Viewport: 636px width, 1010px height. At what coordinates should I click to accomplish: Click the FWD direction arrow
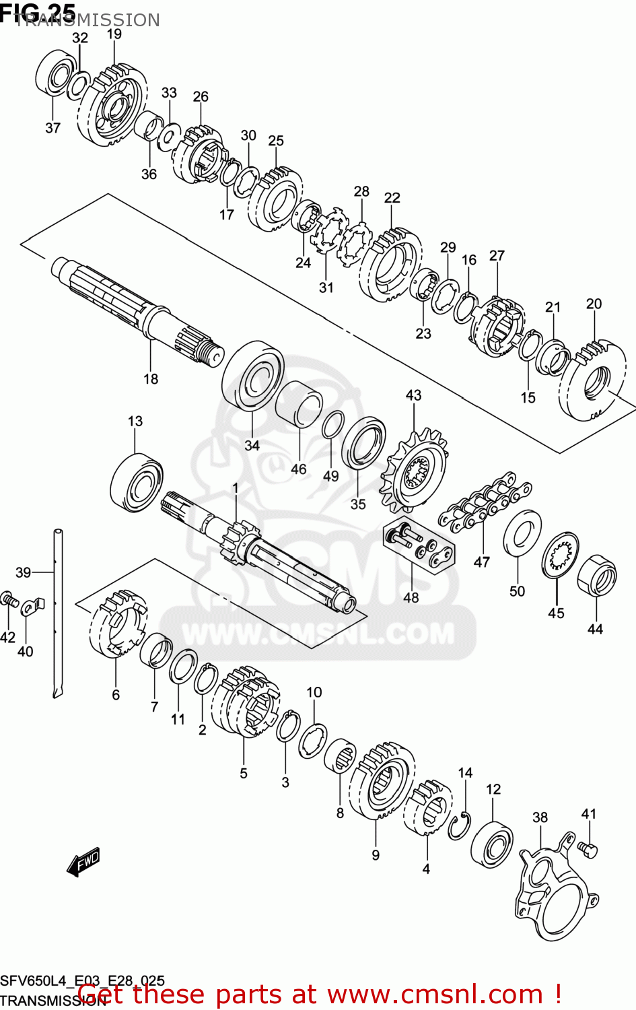83,861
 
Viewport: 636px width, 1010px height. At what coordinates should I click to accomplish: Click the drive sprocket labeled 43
413,468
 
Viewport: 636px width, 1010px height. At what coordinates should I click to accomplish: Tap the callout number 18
151,379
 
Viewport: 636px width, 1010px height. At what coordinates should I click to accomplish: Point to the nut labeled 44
597,575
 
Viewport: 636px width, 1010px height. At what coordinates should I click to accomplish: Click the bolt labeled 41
586,849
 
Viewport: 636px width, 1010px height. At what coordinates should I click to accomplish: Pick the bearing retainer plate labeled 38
551,889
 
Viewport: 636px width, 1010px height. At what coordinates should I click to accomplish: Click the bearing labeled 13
137,483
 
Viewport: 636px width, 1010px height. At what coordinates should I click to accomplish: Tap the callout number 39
23,572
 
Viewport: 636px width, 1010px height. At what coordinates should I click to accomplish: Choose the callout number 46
298,469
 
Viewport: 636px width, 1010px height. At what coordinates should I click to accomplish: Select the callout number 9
376,855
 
